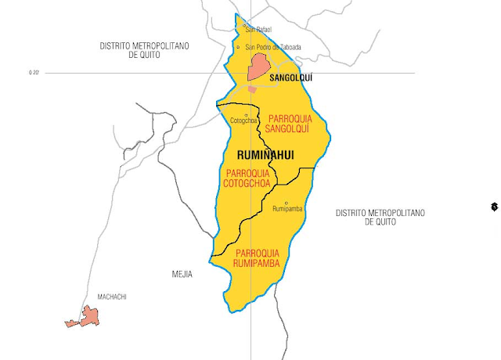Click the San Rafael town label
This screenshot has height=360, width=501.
coord(258,31)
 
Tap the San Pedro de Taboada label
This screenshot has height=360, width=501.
coord(273,47)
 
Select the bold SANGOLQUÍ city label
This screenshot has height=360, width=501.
coord(290,78)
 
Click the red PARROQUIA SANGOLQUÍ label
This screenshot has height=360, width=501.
coord(288,123)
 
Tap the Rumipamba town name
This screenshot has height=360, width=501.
coord(287,209)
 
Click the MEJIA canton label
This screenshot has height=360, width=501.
coord(182,275)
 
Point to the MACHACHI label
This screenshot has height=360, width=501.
coord(112,297)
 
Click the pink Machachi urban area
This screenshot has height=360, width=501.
coord(88,317)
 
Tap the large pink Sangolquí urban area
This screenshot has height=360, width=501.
coord(258,67)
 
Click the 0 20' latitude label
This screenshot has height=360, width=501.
coord(33,73)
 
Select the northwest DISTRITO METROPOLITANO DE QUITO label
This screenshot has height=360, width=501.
coord(145,50)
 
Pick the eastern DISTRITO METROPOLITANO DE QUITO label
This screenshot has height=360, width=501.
coord(380,217)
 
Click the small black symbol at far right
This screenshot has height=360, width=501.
coord(494,207)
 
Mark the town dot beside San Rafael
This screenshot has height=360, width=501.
coord(245,27)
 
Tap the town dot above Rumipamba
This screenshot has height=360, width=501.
coord(287,203)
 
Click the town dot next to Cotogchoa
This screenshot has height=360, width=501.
coord(246,115)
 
